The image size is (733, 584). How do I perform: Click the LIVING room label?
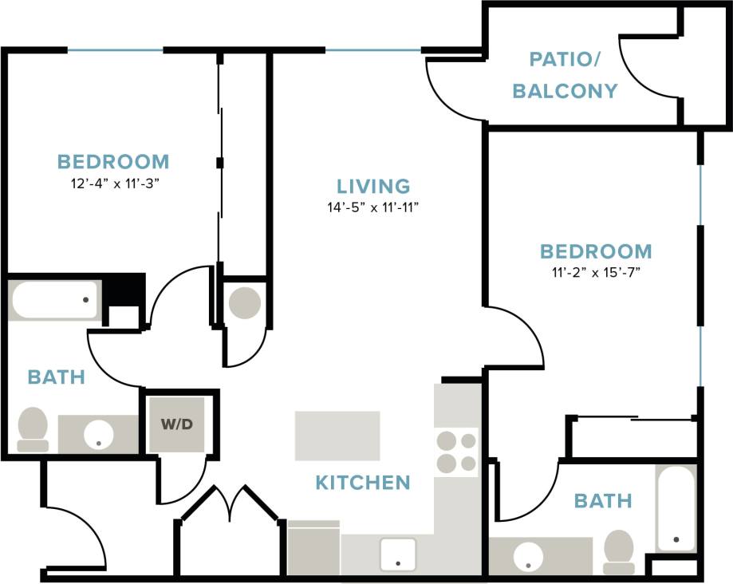(373, 187)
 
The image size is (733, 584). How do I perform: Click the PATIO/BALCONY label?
(565, 75)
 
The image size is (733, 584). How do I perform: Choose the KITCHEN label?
(363, 482)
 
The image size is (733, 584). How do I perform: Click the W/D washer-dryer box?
(176, 424)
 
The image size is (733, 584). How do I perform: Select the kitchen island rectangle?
(337, 435)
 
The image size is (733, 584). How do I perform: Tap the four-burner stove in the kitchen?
(456, 452)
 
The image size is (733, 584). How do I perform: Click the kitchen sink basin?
(397, 554)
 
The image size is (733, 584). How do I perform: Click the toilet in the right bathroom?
(619, 551)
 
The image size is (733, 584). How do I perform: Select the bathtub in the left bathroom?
(53, 300)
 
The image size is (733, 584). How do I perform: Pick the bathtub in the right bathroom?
(676, 507)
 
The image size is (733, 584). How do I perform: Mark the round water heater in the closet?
(244, 303)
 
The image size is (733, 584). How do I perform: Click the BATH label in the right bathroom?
(603, 501)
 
